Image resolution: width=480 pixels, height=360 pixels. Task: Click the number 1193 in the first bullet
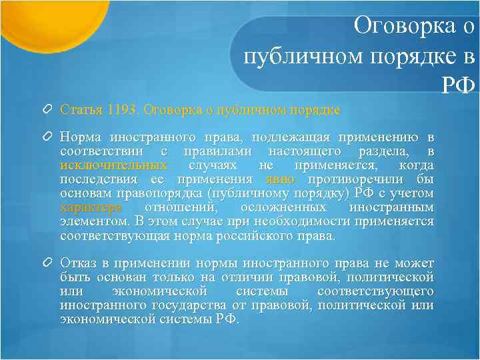(x=124, y=109)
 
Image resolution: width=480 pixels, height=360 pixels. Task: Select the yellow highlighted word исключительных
(x=113, y=165)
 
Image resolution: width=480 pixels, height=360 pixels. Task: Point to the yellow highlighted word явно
(x=280, y=179)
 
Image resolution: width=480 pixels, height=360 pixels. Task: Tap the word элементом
(x=93, y=221)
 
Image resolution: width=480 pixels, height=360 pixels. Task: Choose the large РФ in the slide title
(x=458, y=85)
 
